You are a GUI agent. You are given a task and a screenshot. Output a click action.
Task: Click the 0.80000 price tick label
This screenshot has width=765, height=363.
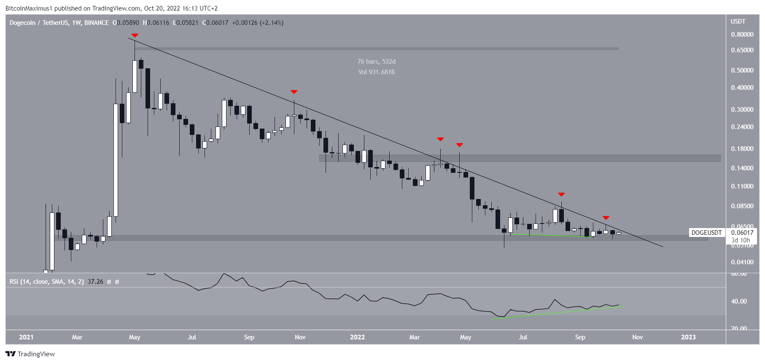pyautogui.click(x=742, y=35)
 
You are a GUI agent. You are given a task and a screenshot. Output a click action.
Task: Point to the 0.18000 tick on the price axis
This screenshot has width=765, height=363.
pyautogui.click(x=742, y=149)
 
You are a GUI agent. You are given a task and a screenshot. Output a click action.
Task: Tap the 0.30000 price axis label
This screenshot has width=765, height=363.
pyautogui.click(x=742, y=110)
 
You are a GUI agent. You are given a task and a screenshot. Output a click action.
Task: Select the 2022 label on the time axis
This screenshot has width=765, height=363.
pyautogui.click(x=357, y=337)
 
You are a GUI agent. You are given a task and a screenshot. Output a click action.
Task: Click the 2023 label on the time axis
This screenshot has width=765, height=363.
pyautogui.click(x=688, y=337)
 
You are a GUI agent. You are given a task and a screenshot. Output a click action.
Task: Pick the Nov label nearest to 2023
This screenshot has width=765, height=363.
pyautogui.click(x=637, y=337)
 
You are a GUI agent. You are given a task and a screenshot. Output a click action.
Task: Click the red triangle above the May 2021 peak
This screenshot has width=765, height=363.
pyautogui.click(x=135, y=35)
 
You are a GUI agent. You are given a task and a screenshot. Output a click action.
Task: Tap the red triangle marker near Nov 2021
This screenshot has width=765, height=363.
pyautogui.click(x=294, y=92)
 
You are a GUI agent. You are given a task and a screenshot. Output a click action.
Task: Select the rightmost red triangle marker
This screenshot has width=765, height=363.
pyautogui.click(x=606, y=218)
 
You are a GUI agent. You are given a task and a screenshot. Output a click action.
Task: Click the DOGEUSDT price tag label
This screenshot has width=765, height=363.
pyautogui.click(x=706, y=233)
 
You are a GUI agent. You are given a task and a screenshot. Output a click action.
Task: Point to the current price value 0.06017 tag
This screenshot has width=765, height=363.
pyautogui.click(x=742, y=233)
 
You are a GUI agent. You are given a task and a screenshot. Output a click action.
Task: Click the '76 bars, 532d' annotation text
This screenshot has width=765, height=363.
pyautogui.click(x=376, y=62)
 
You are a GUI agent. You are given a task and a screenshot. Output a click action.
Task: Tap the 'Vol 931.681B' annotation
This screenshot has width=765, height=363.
pyautogui.click(x=376, y=72)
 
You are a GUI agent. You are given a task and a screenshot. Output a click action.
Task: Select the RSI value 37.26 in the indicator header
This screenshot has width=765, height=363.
pyautogui.click(x=95, y=282)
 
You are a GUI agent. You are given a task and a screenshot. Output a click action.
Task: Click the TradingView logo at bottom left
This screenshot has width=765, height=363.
pyautogui.click(x=30, y=354)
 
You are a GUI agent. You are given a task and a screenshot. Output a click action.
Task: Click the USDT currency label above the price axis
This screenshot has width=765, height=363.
pyautogui.click(x=738, y=22)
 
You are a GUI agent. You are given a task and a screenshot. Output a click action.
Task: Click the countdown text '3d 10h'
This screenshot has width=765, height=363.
pyautogui.click(x=741, y=240)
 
